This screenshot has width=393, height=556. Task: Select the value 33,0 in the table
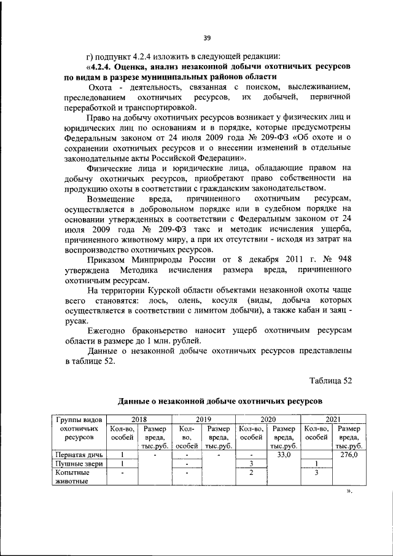[x=284, y=455]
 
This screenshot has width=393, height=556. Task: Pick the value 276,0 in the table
[x=348, y=455]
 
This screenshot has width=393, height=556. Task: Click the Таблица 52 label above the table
[x=330, y=380]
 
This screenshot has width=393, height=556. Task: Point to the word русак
[x=76, y=321]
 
